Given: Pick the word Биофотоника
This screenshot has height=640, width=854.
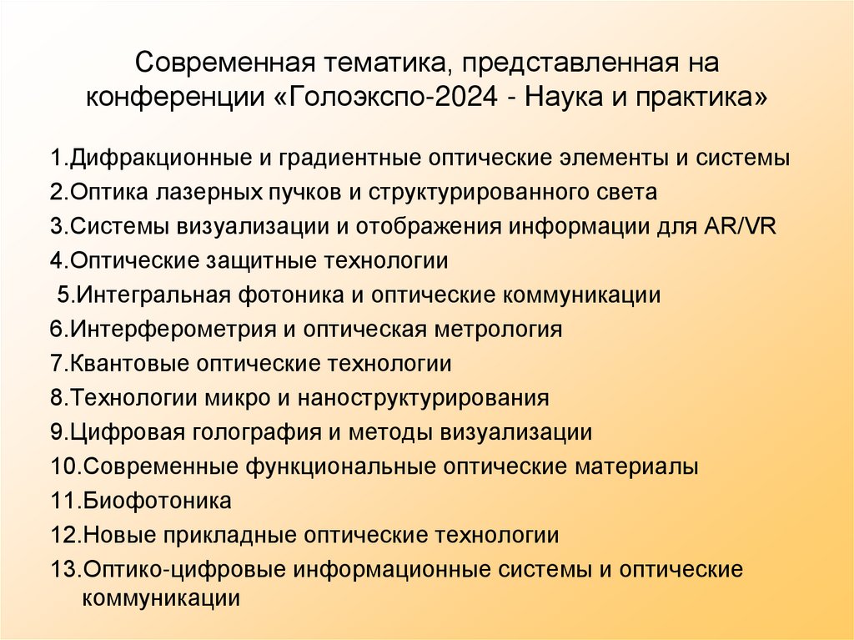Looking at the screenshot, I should (158, 501).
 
